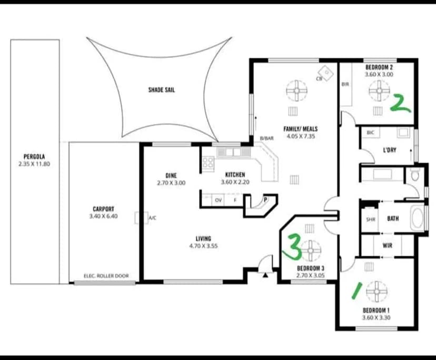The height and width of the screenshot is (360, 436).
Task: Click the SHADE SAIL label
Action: coord(162,90)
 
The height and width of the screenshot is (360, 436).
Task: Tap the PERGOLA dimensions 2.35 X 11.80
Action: coord(34,164)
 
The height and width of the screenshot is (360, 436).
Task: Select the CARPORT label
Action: coord(103,209)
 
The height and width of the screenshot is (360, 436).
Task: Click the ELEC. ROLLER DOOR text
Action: coord(106,276)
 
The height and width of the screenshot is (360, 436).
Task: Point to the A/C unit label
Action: coord(152,218)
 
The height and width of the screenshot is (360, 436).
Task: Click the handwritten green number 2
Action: coord(400,103)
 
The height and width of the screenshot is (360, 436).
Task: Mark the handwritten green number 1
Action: coord(357,291)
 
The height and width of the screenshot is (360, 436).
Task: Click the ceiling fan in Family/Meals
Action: coord(296,91)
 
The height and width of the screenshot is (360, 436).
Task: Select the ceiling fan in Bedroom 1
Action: coord(377,292)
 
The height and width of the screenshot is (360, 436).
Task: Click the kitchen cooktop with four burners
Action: coord(208,163)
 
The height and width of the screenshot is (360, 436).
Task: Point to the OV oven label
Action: coord(219,200)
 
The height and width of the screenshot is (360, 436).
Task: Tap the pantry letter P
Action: coord(265,199)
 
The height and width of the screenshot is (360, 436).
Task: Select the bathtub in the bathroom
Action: coord(417,218)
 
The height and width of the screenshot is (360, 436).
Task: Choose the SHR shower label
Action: coord(371,219)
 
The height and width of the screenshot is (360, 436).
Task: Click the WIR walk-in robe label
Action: coord(388,246)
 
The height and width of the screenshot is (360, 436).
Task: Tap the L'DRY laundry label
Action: coord(390,150)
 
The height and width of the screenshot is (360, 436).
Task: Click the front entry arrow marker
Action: coord(265,275)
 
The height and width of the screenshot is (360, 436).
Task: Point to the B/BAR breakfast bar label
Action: coord(266,138)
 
